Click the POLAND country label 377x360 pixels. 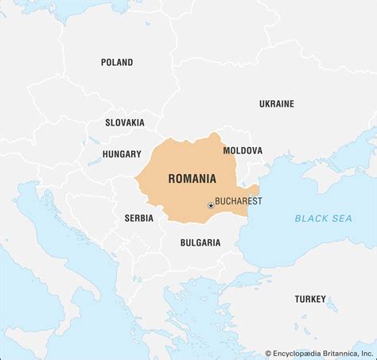pos(117,62)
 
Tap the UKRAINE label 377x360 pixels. pos(276,103)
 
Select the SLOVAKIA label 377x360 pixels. pos(125,122)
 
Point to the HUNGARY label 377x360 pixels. pos(122,154)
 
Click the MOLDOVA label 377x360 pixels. pos(243,150)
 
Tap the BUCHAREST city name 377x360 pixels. pos(239,201)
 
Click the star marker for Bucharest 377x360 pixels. pos(211,205)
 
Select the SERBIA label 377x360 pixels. pos(139,217)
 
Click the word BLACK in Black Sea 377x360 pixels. pos(309,218)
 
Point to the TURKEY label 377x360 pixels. pos(310,299)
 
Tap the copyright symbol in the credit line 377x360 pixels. pos(268,353)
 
